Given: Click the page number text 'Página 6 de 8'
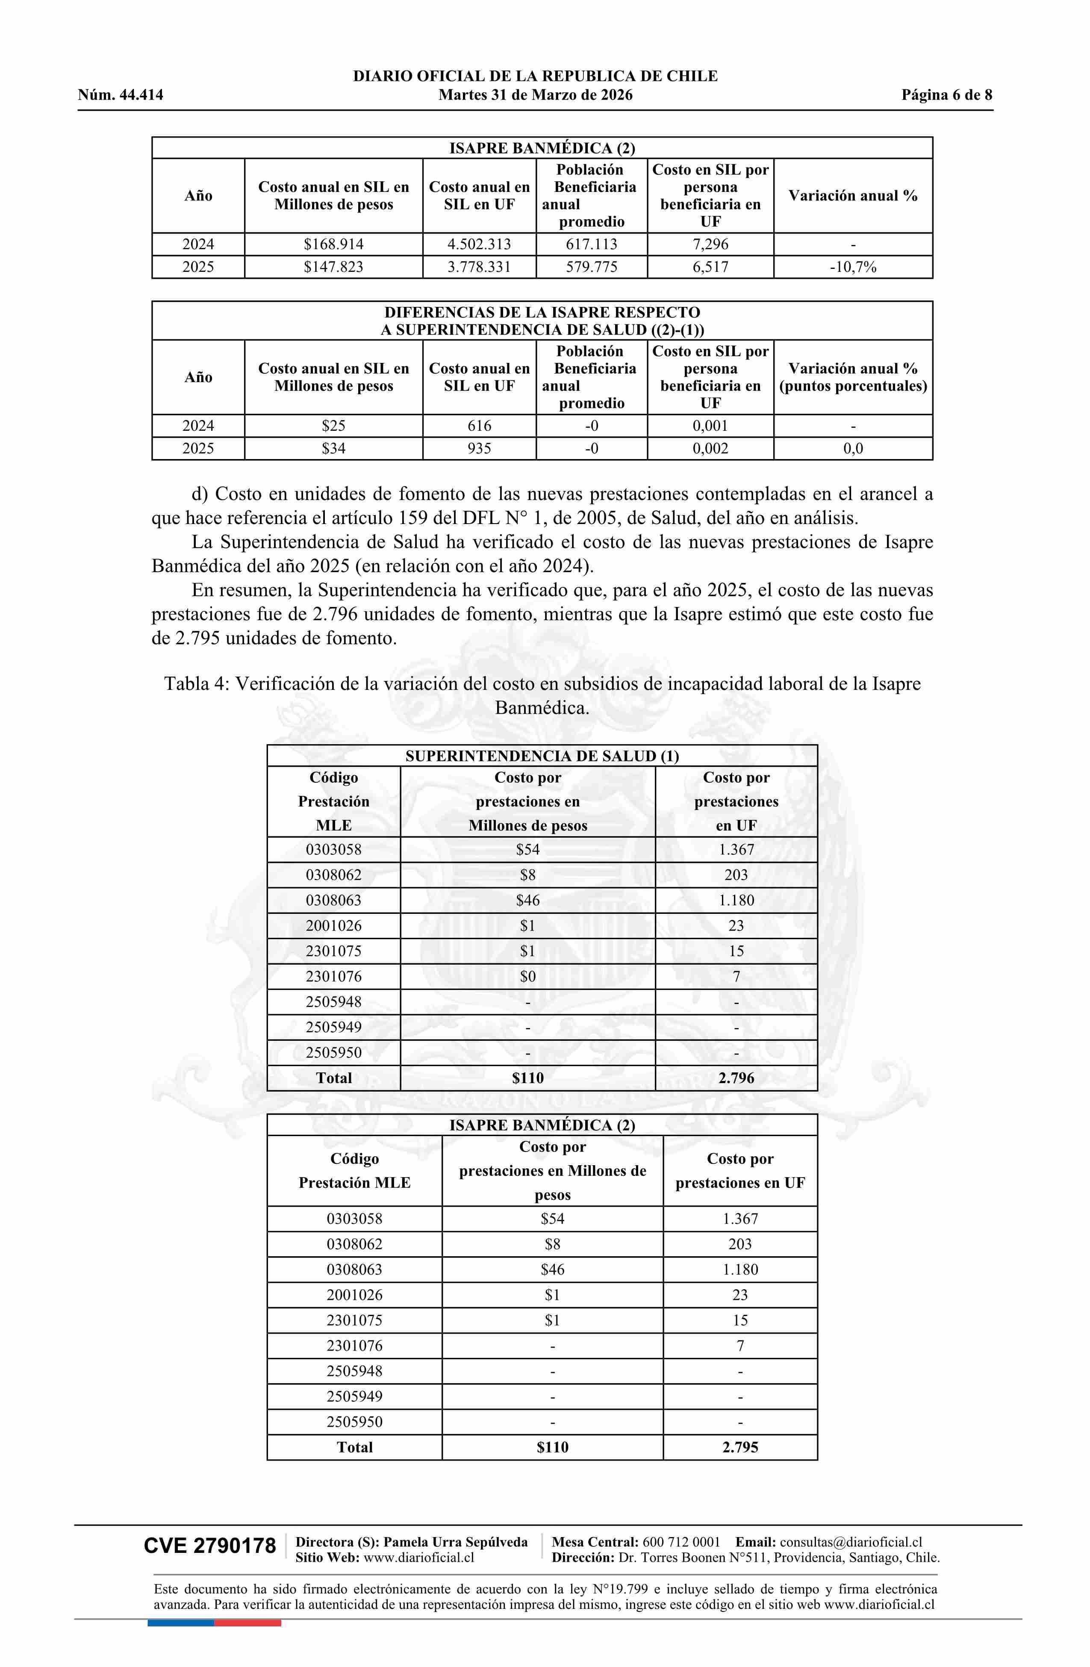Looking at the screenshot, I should point(946,95).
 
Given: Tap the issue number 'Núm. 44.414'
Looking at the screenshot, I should point(121,95).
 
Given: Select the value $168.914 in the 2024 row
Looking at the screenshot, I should point(333,244).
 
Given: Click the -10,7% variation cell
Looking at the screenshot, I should point(852,267).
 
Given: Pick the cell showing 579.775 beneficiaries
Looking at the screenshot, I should point(591,267).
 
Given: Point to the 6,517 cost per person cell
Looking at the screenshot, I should point(710,267).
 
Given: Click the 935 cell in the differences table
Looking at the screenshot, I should point(479,448).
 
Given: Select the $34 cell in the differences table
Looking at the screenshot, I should point(333,448).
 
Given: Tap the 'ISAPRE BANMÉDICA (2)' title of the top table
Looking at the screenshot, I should point(542,148).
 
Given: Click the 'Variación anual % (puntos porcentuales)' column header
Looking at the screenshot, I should point(852,377).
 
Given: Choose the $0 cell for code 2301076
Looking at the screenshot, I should point(527,976).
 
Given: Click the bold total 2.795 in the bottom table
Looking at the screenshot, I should point(740,1447).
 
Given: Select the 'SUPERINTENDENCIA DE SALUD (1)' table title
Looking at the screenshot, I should point(542,756).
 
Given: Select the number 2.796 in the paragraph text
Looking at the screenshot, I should point(335,614).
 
